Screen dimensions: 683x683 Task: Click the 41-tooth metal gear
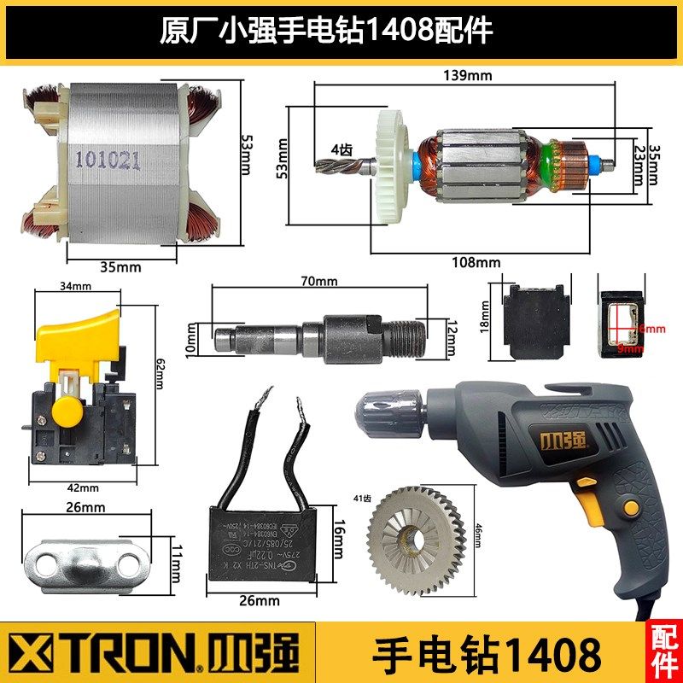pos(416,534)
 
